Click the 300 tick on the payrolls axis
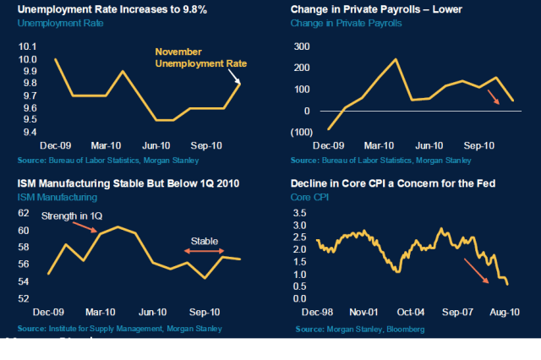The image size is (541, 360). [302, 46]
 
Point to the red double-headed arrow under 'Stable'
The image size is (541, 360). [205, 251]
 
